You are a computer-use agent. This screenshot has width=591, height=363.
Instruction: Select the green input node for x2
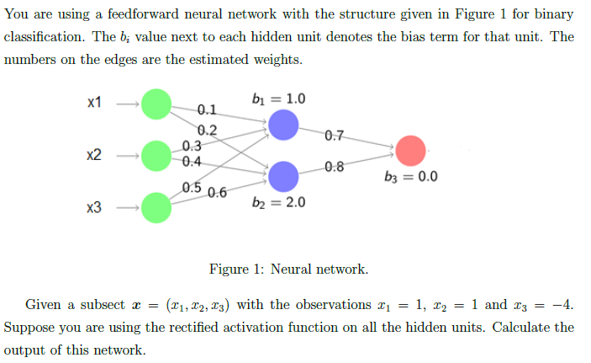156,155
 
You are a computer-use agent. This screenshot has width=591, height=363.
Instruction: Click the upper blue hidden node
283,125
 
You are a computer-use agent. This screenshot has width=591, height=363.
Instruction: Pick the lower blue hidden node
283,176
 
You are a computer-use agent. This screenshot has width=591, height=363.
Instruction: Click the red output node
411,150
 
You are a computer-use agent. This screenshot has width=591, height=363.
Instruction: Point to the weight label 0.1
207,109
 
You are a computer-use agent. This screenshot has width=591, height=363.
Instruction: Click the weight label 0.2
207,130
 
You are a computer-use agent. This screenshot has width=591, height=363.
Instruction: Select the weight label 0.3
192,147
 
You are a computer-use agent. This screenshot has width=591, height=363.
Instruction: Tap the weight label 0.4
192,161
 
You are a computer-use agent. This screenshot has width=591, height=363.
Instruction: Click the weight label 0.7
333,135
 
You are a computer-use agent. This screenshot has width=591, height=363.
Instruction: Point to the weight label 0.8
334,165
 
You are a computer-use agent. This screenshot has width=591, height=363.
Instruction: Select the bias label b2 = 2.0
278,203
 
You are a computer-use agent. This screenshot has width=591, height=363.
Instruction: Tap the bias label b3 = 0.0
409,178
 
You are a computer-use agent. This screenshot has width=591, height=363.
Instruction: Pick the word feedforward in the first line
145,15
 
